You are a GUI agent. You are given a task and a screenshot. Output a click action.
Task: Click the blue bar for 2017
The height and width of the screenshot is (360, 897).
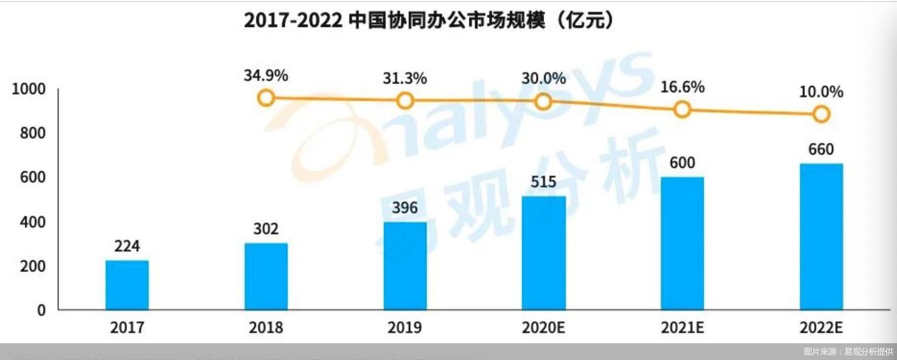[127, 285]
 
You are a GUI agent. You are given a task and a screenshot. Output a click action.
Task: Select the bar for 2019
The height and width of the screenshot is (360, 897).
[405, 265]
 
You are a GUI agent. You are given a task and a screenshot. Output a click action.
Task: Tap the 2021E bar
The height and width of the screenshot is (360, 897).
[682, 243]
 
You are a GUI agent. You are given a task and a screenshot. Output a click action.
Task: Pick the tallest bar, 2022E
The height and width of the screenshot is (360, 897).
[821, 236]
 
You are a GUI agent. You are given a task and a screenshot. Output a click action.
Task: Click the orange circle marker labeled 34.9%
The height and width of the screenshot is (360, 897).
[266, 98]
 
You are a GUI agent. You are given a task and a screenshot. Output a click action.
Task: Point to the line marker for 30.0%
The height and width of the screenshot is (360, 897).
[544, 102]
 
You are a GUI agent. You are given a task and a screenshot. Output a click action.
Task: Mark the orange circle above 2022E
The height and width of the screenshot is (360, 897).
[821, 114]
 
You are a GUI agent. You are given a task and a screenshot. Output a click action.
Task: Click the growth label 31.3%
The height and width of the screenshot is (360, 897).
[405, 78]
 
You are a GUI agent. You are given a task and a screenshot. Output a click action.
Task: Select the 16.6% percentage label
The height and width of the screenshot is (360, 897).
[682, 87]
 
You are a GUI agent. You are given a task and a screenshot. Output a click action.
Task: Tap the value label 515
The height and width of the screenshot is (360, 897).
[544, 182]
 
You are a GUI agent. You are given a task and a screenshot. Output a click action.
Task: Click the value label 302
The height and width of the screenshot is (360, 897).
[266, 229]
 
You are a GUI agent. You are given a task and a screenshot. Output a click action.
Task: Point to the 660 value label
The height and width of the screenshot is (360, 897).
[821, 149]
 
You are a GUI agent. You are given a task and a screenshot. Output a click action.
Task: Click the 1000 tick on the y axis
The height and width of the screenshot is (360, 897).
[28, 89]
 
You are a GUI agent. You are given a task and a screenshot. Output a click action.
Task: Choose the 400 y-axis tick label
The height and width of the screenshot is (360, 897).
[33, 222]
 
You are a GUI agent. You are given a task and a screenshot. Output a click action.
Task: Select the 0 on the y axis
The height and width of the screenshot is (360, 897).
[41, 310]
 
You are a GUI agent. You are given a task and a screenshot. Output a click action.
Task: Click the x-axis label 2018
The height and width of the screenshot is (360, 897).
[266, 327]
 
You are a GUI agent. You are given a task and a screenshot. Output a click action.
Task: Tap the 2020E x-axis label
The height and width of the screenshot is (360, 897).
[544, 327]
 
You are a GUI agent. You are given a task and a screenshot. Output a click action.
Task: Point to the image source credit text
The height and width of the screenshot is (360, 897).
[848, 351]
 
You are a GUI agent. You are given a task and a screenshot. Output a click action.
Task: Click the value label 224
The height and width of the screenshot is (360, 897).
[127, 246]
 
